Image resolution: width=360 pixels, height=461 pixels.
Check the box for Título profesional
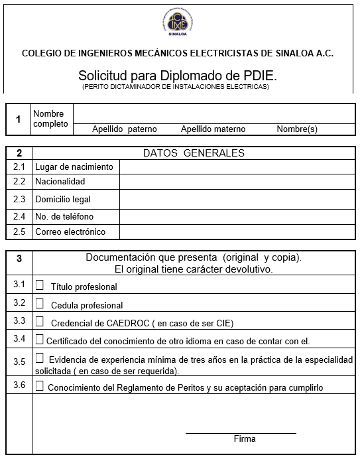[x=39, y=285]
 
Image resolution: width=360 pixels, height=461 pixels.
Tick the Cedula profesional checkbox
[x=39, y=304]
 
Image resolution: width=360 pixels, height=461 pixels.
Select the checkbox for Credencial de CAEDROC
[x=39, y=322]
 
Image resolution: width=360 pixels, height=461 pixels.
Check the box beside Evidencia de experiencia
[x=39, y=358]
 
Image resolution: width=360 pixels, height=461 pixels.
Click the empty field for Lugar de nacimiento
[x=237, y=166]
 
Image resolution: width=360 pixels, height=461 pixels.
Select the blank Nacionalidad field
[x=237, y=182]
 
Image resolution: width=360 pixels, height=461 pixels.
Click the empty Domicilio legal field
[x=237, y=199]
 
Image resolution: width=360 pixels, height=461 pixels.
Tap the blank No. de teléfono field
[x=237, y=217]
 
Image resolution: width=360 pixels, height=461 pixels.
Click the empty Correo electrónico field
[x=237, y=232]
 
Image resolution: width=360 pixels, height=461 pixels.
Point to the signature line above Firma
[x=240, y=432]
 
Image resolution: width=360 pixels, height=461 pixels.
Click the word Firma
[x=245, y=439]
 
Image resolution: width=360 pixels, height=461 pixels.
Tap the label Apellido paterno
[x=124, y=129]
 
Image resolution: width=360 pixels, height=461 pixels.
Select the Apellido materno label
[x=213, y=129]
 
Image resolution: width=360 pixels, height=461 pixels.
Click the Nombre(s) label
[x=297, y=129]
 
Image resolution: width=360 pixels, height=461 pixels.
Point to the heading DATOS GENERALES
[x=194, y=153]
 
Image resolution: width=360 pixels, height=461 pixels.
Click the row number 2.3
[x=19, y=199]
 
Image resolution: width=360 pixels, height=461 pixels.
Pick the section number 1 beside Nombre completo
[x=19, y=119]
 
